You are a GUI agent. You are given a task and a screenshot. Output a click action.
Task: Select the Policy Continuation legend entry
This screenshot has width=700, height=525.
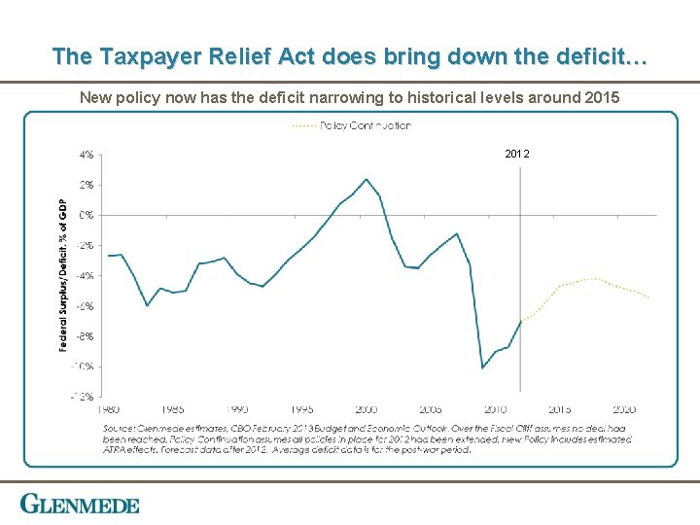point(351,125)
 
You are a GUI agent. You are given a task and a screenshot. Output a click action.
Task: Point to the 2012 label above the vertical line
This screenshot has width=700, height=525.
point(518,154)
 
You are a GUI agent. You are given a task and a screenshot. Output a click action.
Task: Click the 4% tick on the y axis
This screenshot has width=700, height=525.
point(87,154)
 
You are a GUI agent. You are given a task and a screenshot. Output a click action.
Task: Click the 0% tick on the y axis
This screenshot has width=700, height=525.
point(87,215)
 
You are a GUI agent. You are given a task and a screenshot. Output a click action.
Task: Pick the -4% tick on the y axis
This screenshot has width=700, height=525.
point(86,276)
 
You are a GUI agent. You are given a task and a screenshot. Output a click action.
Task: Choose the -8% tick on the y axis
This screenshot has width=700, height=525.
point(86,336)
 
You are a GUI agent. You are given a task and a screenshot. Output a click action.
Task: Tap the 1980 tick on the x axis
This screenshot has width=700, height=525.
point(109,409)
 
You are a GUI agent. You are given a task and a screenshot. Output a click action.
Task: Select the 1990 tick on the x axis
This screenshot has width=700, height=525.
point(237,409)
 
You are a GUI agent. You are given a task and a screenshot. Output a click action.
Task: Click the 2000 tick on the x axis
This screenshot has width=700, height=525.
point(367,409)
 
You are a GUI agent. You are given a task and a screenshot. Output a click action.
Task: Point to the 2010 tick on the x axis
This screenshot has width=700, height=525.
point(495,409)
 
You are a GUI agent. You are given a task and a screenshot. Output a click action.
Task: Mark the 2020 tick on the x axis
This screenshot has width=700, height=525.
point(624,409)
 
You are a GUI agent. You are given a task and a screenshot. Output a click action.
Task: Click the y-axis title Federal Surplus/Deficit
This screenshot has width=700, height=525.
point(64,276)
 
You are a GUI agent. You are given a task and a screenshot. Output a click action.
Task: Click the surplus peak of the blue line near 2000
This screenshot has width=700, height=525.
point(367,179)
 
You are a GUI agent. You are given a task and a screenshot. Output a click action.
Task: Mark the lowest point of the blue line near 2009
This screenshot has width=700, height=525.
point(483,367)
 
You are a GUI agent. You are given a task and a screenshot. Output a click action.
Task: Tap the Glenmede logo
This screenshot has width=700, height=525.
point(80,505)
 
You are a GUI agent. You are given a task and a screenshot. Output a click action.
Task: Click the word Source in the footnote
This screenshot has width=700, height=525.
point(122,428)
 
